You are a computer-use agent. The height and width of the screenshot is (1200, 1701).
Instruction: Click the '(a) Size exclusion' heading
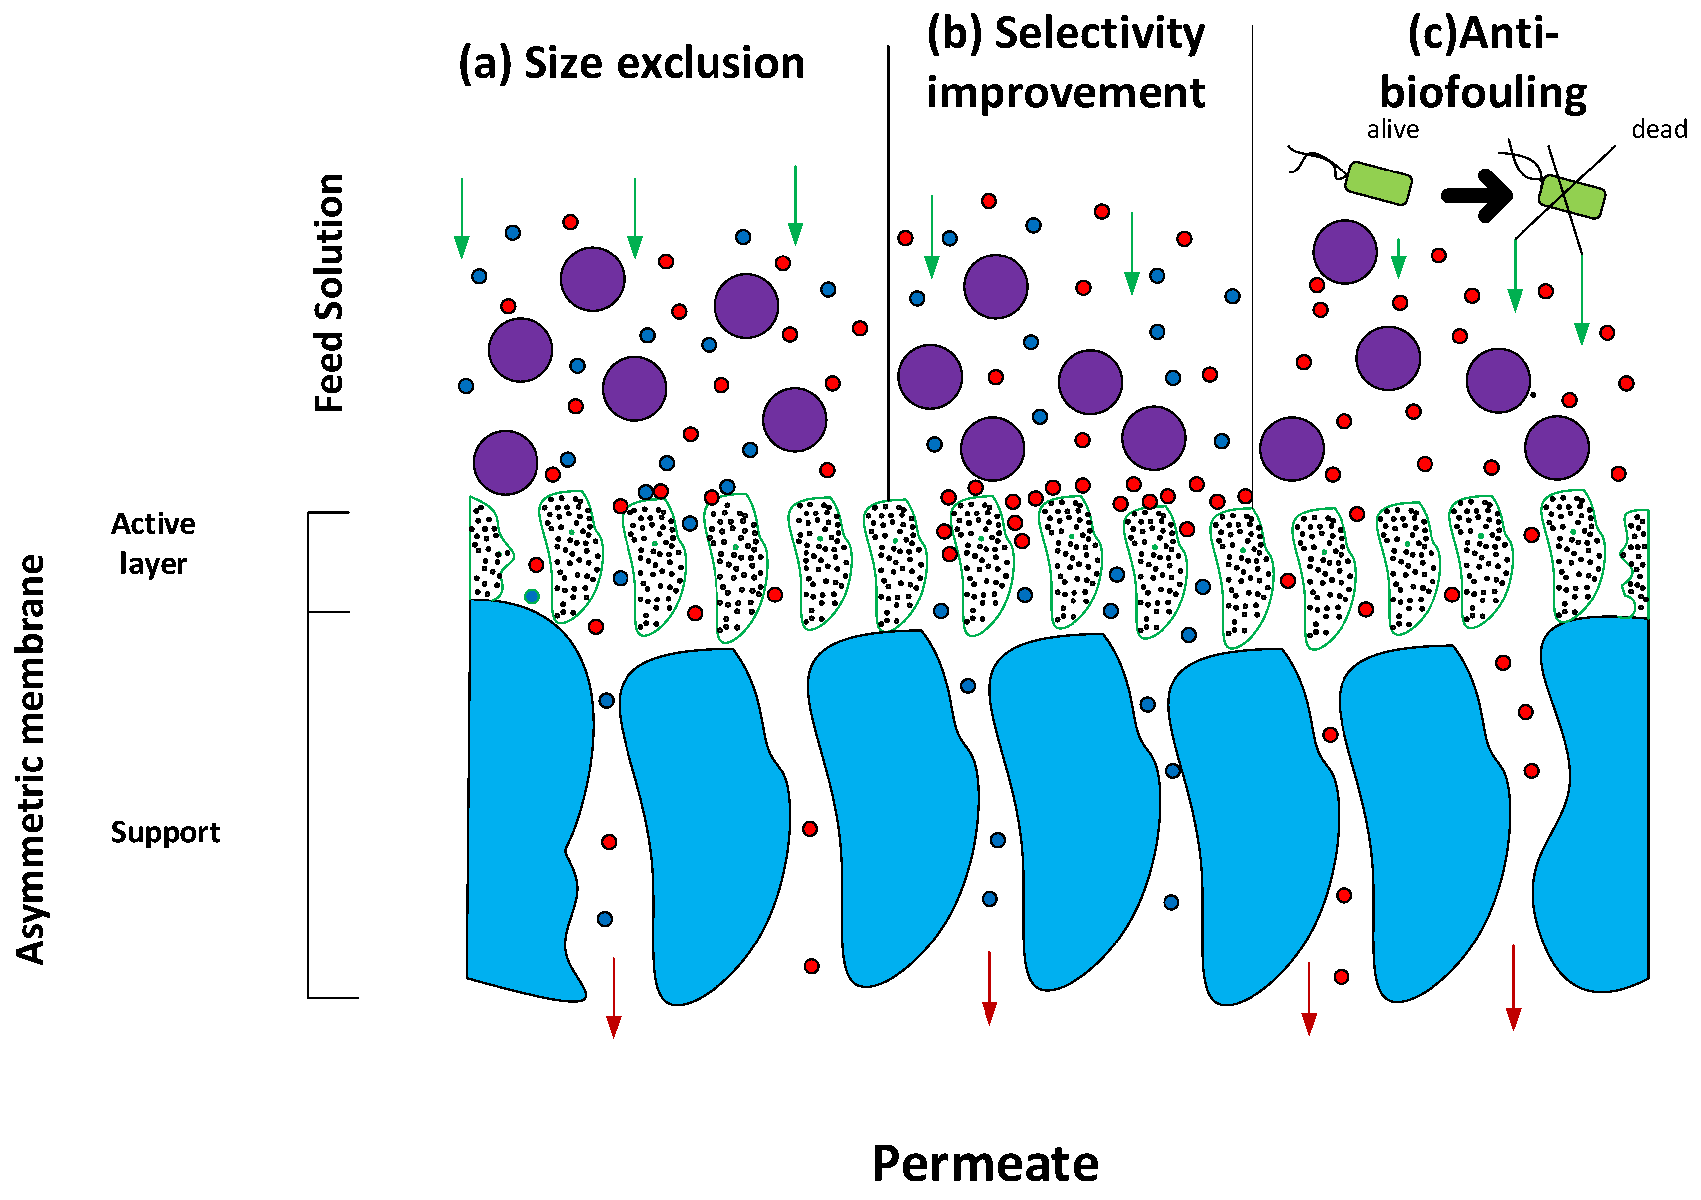(631, 63)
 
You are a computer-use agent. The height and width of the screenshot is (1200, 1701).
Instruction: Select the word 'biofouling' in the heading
(1483, 93)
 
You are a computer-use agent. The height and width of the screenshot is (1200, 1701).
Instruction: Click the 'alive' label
(1393, 130)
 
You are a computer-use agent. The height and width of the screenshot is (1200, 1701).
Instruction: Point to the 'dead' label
(1659, 130)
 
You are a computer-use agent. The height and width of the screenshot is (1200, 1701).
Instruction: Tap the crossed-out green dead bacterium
(1571, 196)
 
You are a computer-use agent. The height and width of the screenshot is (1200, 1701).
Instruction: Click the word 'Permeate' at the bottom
(985, 1164)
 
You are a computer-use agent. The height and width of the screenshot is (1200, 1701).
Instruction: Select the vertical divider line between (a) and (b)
(888, 266)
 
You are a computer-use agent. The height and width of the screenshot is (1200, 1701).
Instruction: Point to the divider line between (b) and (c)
(1252, 266)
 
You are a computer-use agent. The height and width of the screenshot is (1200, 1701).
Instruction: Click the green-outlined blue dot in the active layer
(531, 597)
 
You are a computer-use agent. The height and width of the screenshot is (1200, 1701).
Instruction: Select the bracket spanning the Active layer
(310, 562)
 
